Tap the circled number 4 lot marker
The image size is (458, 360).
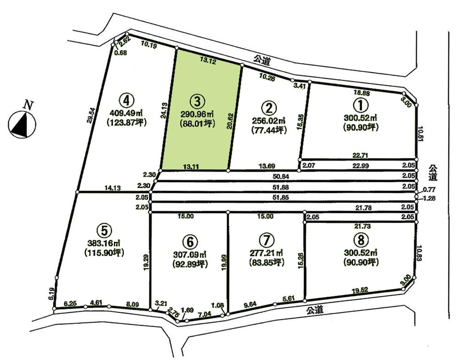tap(127, 99)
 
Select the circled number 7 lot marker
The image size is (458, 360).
tap(265, 240)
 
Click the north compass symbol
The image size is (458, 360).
tap(22, 124)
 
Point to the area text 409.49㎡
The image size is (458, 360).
tap(127, 112)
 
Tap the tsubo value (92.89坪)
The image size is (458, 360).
tap(190, 264)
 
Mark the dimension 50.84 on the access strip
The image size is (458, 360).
tap(281, 176)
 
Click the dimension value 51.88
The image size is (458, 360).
tap(281, 187)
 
